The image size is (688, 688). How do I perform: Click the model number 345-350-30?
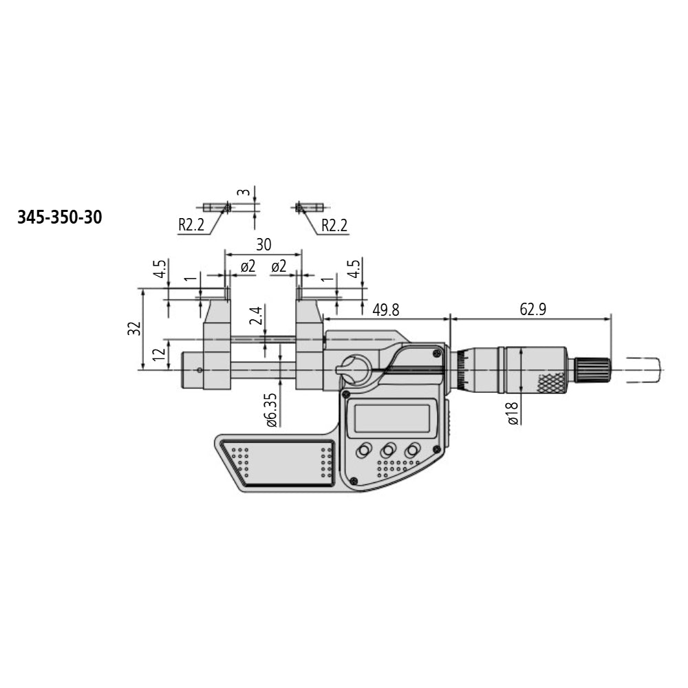59,218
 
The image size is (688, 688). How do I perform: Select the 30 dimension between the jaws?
264,244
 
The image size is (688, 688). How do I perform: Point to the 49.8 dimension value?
385,310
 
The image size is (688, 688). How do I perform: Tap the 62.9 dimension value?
533,310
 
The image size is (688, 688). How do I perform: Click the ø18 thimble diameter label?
513,412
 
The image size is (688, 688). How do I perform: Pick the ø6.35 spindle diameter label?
272,411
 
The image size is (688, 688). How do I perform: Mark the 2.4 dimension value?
255,316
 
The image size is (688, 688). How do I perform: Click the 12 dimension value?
159,355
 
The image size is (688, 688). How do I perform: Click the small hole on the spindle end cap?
200,370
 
